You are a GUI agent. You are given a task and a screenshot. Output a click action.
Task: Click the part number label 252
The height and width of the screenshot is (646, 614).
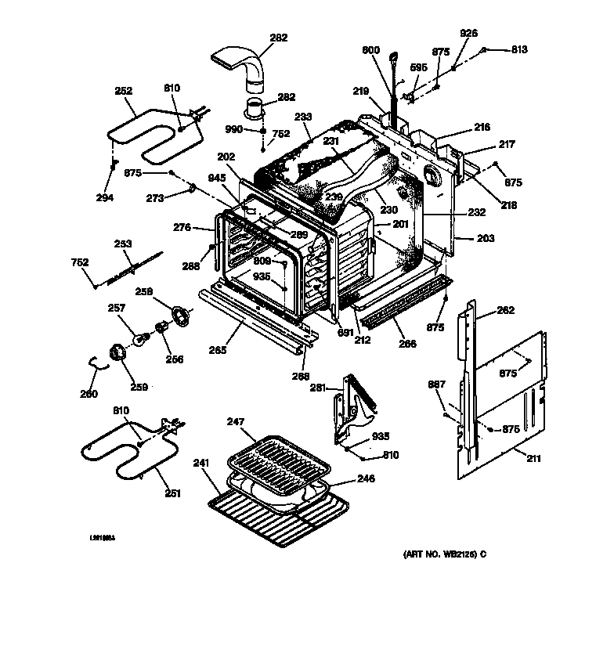[123, 90]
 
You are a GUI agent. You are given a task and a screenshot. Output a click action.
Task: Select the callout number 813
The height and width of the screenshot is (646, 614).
[519, 49]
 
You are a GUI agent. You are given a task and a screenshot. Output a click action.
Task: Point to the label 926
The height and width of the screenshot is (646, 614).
[468, 33]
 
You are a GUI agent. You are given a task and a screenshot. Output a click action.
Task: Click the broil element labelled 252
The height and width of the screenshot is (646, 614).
[149, 129]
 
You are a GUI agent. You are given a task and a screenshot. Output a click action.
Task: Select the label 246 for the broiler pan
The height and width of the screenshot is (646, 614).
[366, 478]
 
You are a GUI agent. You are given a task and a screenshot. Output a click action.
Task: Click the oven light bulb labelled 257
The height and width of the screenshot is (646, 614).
[143, 338]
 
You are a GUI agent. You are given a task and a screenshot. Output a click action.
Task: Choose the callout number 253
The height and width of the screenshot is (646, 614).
[123, 244]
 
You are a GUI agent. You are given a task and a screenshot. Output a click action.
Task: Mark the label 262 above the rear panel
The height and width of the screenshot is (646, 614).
[506, 310]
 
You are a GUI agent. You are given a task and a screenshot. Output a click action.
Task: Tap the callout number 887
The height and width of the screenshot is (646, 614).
[437, 384]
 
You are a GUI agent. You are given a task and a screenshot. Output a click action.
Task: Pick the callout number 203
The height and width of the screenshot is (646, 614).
[485, 237]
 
